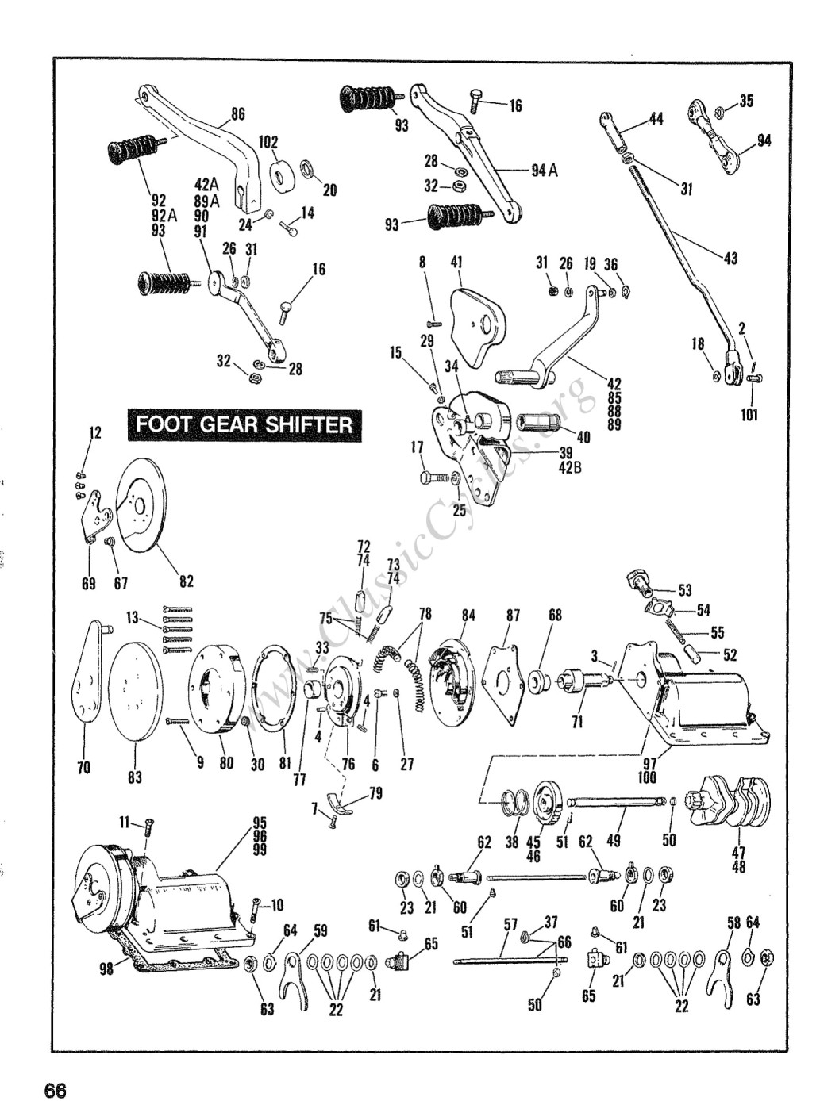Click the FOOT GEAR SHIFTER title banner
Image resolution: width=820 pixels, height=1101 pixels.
(x=244, y=425)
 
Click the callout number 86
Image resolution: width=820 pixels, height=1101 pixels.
(x=238, y=113)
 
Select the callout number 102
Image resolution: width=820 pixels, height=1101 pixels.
(x=268, y=143)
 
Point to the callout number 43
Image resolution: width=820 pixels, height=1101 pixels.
(x=730, y=258)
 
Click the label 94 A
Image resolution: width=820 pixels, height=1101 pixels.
(x=545, y=171)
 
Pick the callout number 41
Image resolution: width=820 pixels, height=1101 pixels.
(x=456, y=262)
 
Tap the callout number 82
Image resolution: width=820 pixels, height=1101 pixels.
(x=187, y=581)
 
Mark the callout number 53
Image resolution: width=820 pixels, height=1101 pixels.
(x=685, y=590)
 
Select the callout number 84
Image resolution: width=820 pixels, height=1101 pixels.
(x=468, y=616)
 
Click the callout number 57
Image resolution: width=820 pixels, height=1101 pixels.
(x=510, y=923)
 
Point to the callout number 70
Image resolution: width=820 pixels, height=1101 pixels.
(x=84, y=767)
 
